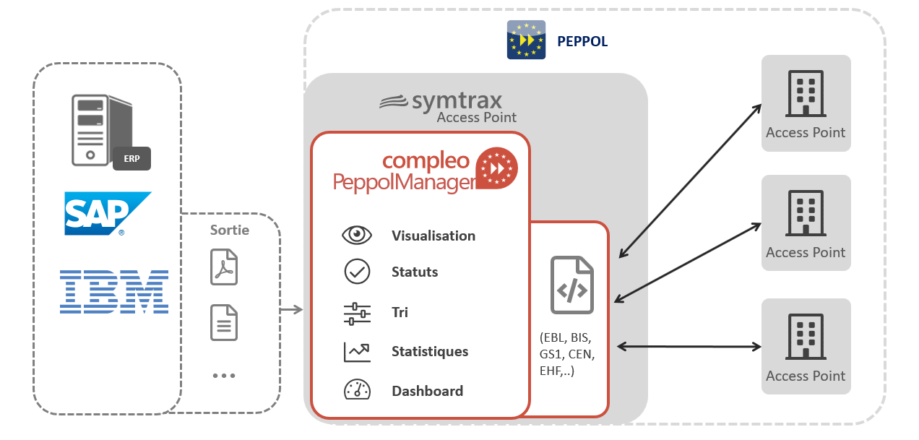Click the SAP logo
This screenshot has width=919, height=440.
107,213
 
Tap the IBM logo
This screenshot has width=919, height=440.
114,291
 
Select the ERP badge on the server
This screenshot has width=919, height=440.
131,158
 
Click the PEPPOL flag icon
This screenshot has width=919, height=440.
526,40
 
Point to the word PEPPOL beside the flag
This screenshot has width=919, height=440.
582,42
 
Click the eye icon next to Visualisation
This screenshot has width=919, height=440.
357,236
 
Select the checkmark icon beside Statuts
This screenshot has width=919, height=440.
357,272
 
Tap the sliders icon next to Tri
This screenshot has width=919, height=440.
357,313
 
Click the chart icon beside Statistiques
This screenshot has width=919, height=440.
357,352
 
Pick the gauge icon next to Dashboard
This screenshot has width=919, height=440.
357,390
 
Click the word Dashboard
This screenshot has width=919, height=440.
427,391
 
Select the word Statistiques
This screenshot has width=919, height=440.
430,352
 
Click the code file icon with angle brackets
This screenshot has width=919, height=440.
571,285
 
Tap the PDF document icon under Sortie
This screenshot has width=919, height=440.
224,267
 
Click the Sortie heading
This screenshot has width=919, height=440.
229,230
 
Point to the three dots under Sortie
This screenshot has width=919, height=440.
224,376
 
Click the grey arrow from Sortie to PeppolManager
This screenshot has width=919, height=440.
291,310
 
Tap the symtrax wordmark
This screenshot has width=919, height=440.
441,100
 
